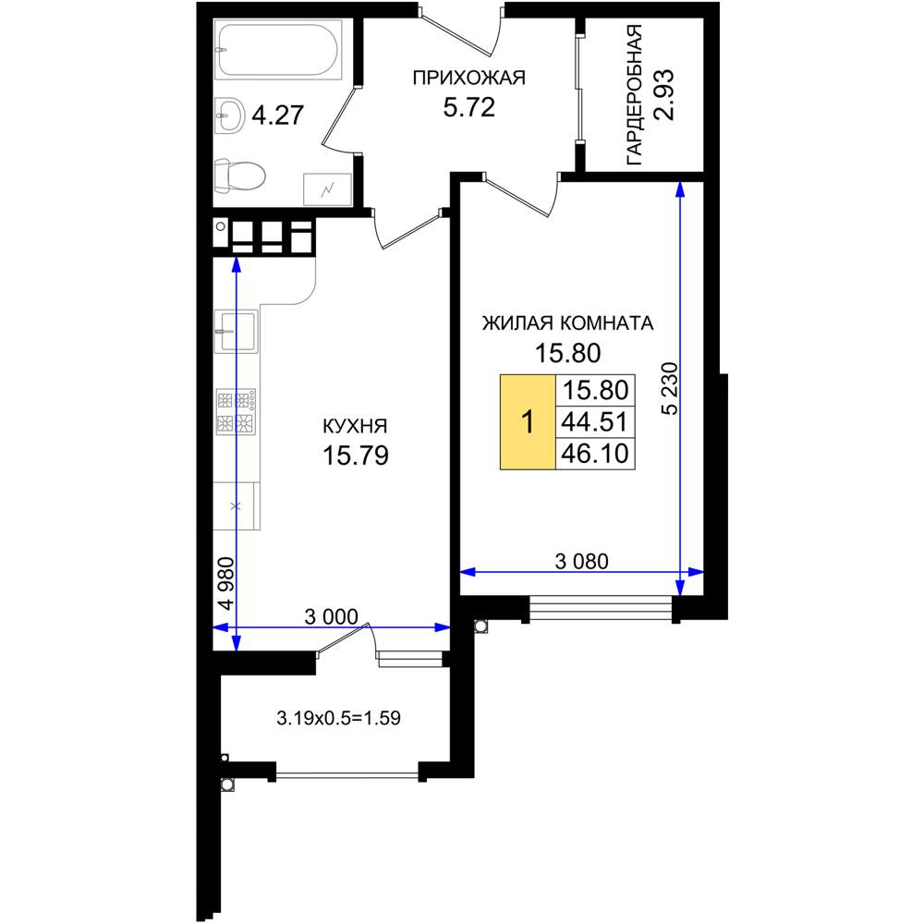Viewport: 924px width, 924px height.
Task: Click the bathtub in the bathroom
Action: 278,50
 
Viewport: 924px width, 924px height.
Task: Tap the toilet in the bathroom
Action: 239,176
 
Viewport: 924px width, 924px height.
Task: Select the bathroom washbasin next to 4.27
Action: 229,115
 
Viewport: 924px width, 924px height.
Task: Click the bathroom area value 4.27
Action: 277,115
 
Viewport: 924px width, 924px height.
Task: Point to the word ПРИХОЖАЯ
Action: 469,78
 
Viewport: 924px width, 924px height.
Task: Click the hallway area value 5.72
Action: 469,107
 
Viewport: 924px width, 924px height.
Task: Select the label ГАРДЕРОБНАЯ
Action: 634,94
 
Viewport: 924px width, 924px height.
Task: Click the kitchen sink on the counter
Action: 236,331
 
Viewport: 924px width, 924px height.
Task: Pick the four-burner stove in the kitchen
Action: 236,411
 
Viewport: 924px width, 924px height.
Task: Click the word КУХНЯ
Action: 356,426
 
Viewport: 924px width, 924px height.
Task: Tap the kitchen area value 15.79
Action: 356,456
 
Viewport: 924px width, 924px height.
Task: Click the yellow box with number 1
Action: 528,422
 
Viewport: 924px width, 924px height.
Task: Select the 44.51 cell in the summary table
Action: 595,422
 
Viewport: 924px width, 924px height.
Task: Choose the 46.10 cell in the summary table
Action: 595,454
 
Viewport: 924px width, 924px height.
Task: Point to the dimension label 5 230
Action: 671,388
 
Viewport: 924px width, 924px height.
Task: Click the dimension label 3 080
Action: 581,562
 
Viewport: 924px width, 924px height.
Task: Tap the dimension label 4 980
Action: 225,583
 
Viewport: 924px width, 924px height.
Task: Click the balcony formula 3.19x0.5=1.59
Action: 339,718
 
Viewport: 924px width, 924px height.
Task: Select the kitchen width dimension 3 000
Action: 331,617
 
